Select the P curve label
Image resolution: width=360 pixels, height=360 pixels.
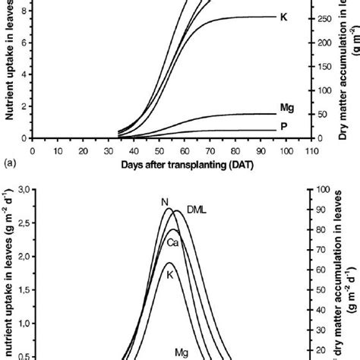coord(283,126)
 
